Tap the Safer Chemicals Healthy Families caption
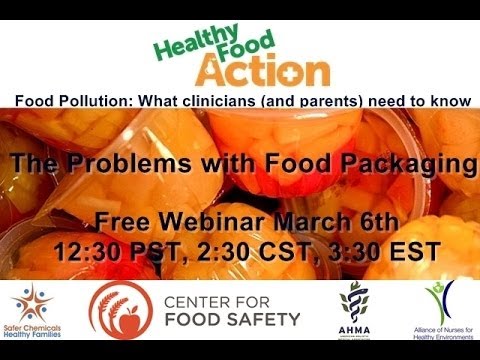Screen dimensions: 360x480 pyautogui.click(x=36, y=339)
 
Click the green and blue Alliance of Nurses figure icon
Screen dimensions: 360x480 pyautogui.click(x=437, y=300)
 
